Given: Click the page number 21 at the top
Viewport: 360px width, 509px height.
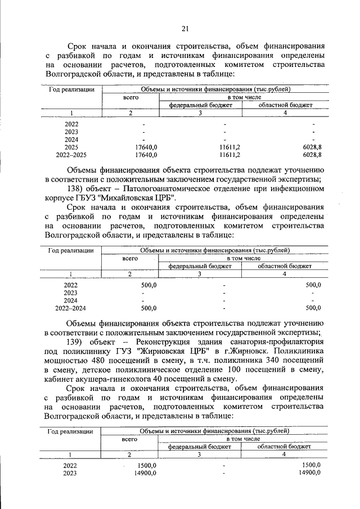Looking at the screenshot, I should [x=185, y=29].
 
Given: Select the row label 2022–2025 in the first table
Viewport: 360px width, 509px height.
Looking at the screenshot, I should [x=71, y=154].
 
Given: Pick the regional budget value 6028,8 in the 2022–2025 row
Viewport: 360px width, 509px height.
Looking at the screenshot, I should [x=312, y=154].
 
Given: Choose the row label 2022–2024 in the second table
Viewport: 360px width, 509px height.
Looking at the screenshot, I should [x=71, y=308].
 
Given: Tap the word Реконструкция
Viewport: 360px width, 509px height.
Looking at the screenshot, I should [x=168, y=343].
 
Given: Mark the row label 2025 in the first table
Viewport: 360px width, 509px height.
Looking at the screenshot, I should [x=71, y=146].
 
